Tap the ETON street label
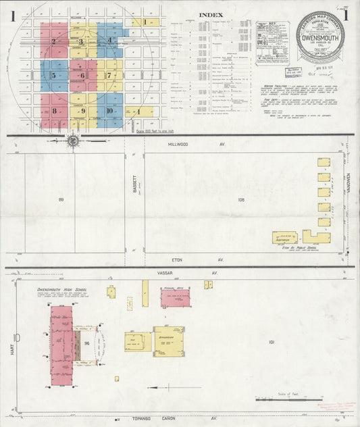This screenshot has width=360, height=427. tap(178, 259)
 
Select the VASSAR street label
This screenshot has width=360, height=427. tap(178, 273)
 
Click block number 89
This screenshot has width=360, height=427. tap(61, 199)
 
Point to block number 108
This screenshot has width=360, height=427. tap(240, 199)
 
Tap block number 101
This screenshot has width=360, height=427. tap(272, 343)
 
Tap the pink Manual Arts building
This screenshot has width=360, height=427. tap(176, 298)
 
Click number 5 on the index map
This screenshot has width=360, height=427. tap(54, 76)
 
